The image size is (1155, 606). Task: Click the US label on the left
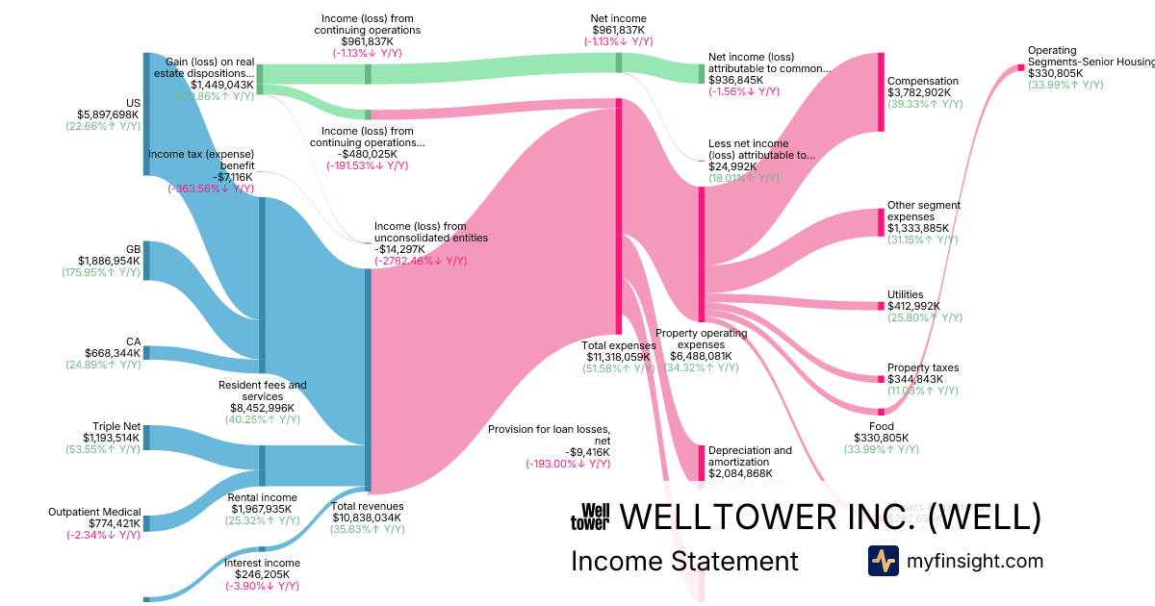tap(133, 103)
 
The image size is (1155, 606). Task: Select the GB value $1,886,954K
tap(109, 260)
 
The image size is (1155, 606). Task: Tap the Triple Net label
tap(115, 426)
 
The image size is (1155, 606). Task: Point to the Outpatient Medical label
tap(94, 512)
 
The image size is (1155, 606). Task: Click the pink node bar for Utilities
tap(880, 306)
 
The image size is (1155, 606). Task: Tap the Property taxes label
tap(923, 367)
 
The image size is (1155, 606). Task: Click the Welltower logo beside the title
tap(590, 518)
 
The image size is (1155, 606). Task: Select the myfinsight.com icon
tap(883, 561)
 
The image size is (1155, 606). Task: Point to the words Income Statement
tap(684, 561)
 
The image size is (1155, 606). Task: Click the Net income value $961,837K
tap(618, 30)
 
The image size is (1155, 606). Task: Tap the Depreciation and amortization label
tap(750, 455)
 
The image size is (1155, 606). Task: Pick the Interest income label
tap(262, 563)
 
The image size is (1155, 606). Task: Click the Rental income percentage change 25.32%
tap(262, 521)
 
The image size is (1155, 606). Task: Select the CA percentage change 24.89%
tap(102, 365)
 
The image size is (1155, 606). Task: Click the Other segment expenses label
tap(923, 211)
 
